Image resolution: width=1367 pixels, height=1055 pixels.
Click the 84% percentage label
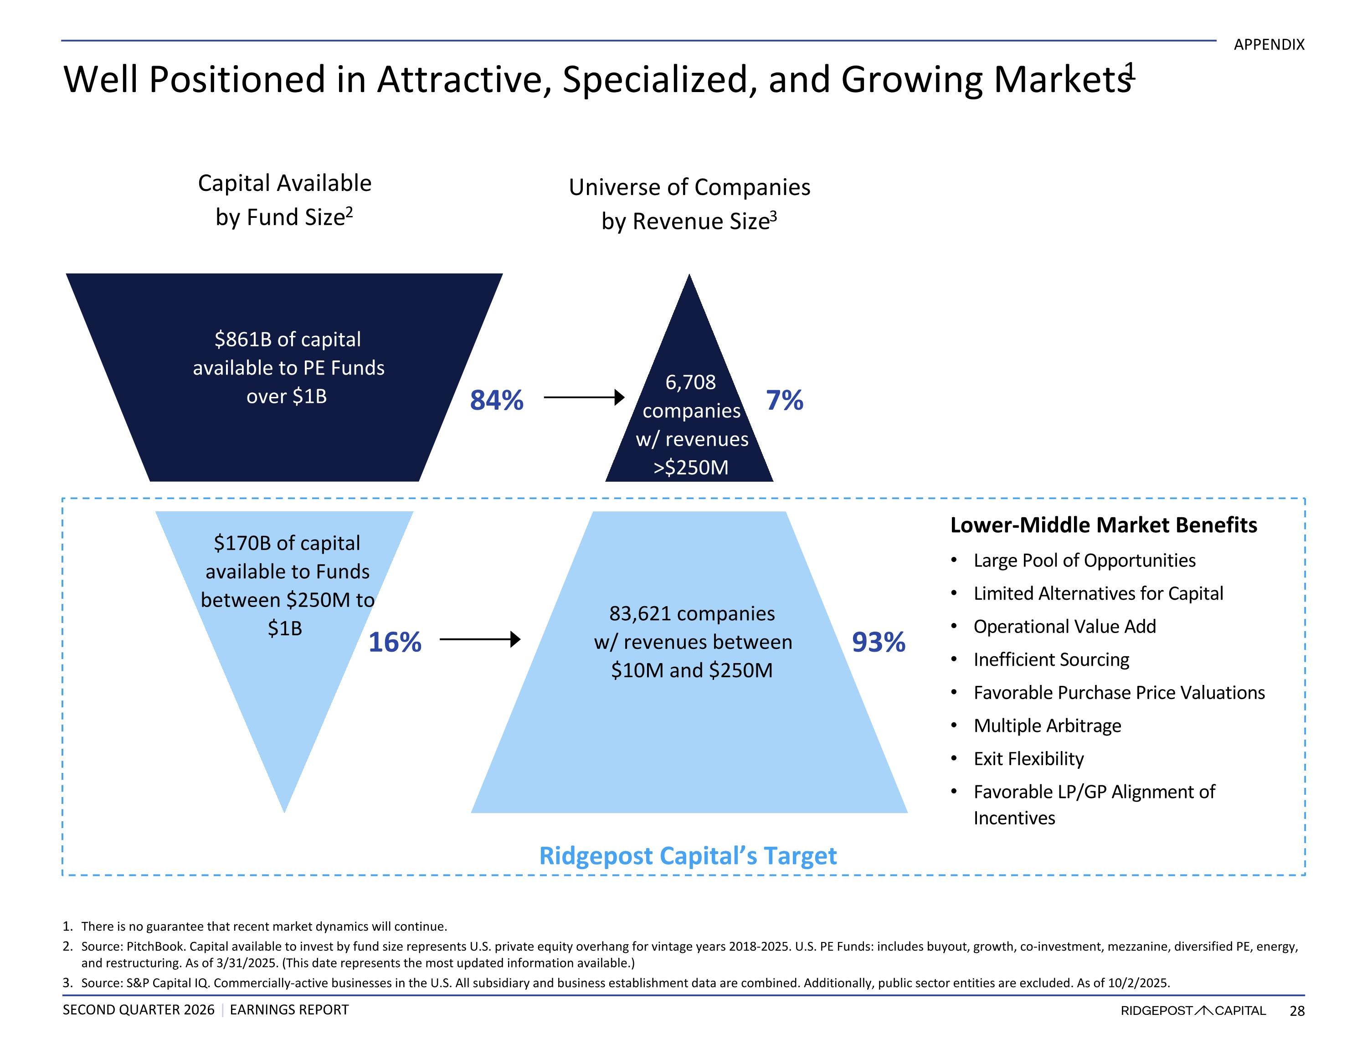click(x=496, y=400)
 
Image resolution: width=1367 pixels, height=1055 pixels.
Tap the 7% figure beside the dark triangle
click(x=784, y=400)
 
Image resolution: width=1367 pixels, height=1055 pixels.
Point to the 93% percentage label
click(x=878, y=642)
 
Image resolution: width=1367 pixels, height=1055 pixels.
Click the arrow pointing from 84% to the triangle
click(x=584, y=397)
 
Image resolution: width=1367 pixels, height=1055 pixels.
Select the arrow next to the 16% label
click(x=480, y=639)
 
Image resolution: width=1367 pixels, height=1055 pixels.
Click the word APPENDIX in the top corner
click(x=1269, y=45)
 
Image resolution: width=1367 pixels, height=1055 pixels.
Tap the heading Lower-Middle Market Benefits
click(x=1104, y=525)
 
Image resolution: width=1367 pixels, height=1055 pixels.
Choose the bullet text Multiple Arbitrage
click(x=1047, y=726)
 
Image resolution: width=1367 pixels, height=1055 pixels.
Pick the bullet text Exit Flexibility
click(x=1028, y=759)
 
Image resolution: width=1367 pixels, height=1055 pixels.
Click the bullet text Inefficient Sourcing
click(x=1052, y=659)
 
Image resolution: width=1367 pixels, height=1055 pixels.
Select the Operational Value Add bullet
click(x=1065, y=626)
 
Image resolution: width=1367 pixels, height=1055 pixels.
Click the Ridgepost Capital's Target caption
click(x=688, y=856)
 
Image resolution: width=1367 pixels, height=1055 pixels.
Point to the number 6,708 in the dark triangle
click(x=690, y=382)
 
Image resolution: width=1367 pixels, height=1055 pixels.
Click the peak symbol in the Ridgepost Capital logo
click(x=1203, y=1010)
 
